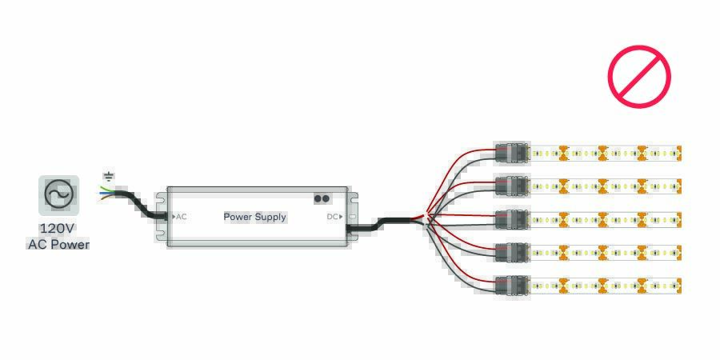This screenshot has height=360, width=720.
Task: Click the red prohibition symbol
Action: (638, 76)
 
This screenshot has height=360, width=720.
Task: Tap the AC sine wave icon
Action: (58, 194)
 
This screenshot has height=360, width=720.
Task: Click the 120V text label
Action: (58, 228)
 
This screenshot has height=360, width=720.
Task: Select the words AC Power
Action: (58, 244)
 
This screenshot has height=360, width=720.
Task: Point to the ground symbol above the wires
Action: (109, 176)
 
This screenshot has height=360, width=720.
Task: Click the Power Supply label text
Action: (254, 217)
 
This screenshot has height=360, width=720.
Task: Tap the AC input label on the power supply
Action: (180, 217)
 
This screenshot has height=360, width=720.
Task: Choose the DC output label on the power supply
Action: (334, 217)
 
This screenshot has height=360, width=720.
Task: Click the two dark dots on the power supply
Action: (322, 198)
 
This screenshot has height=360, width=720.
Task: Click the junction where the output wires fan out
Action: (428, 217)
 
